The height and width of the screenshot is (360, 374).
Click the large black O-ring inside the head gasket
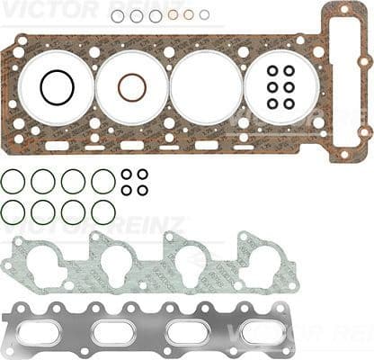(x=57, y=87)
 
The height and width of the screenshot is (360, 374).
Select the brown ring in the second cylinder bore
(x=131, y=87)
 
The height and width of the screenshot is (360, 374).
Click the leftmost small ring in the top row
(x=118, y=15)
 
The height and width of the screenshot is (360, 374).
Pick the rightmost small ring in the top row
(x=205, y=14)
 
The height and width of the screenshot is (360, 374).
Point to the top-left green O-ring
(x=13, y=182)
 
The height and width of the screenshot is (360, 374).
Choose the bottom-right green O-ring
(x=103, y=212)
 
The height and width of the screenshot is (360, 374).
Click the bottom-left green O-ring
(x=13, y=212)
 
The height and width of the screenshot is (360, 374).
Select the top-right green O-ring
(x=103, y=182)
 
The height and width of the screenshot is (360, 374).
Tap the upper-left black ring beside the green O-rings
(x=127, y=174)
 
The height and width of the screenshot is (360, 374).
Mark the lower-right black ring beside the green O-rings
(x=142, y=190)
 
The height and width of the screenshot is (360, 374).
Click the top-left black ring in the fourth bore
(x=272, y=71)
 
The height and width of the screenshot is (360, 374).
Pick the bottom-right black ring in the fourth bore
(x=289, y=103)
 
